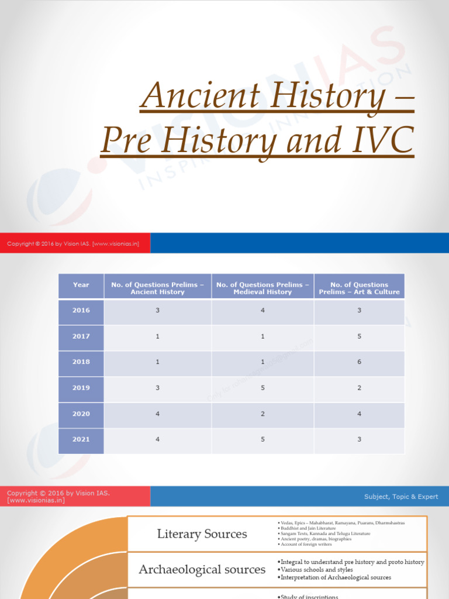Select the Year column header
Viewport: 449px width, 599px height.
(81, 285)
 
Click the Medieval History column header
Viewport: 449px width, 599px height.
(263, 288)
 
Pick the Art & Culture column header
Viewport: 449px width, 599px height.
(359, 288)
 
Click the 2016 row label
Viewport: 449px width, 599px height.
(81, 311)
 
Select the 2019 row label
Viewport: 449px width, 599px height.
(81, 388)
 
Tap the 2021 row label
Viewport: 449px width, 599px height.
(81, 439)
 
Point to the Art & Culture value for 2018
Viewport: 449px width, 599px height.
(359, 362)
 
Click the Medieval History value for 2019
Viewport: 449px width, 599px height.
(263, 388)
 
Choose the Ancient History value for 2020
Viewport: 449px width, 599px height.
(157, 414)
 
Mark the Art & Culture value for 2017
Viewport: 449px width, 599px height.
(359, 336)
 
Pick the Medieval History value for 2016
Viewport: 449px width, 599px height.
(263, 311)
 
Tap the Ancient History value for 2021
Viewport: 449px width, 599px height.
(157, 439)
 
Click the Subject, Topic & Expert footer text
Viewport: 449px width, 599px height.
(401, 497)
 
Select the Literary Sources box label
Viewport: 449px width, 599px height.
(202, 534)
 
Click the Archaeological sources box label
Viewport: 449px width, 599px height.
(202, 569)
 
